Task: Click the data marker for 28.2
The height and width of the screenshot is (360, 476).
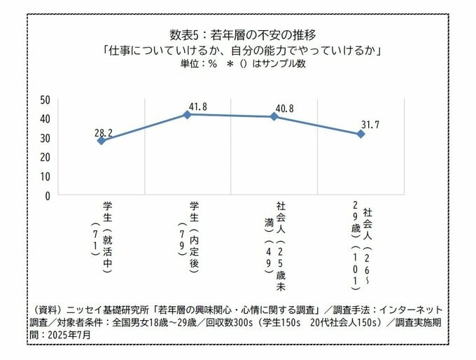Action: [x=101, y=141]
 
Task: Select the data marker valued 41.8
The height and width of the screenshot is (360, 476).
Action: [x=188, y=114]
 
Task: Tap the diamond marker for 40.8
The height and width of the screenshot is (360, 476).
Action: [x=274, y=116]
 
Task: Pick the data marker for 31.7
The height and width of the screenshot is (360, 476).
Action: [x=361, y=134]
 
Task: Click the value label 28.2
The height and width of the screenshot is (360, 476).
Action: [x=103, y=130]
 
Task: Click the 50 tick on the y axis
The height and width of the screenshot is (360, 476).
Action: [x=44, y=99]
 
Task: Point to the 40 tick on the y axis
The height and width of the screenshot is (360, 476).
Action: [x=44, y=118]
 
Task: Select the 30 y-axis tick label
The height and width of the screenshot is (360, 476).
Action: [x=44, y=138]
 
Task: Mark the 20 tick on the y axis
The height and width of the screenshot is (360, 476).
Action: [x=44, y=158]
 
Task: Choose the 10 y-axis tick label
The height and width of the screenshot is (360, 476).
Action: [x=44, y=176]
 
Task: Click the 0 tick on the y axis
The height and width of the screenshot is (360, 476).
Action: [x=47, y=196]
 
